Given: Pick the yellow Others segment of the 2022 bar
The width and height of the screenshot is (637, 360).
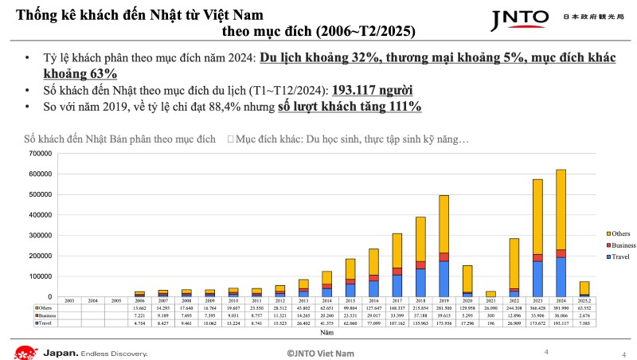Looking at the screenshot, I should (x=514, y=263).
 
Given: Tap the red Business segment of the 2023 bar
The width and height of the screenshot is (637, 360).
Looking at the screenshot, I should (x=538, y=257).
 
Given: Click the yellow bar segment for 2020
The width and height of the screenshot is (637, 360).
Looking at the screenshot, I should (x=467, y=278).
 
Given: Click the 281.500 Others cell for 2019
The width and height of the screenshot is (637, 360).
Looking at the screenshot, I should (x=444, y=307).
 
